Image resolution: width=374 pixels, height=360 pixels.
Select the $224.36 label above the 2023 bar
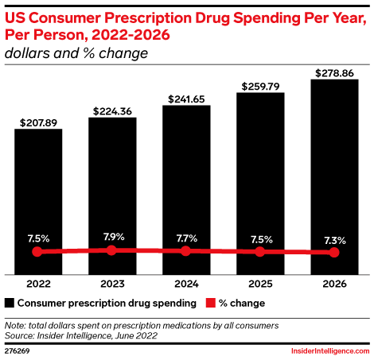[x=111, y=110]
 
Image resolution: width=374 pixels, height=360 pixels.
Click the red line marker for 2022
[x=37, y=252]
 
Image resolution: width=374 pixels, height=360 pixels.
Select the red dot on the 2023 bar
[x=111, y=250]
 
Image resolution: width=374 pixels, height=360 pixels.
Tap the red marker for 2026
[x=334, y=253]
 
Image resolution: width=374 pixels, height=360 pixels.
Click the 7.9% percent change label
[x=111, y=236]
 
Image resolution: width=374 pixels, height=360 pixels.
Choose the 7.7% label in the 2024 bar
[x=186, y=237]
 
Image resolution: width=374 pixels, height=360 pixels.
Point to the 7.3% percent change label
[x=334, y=238]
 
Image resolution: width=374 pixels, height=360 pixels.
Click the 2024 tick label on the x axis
[x=186, y=283]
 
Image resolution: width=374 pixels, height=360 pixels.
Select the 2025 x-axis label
[x=260, y=283]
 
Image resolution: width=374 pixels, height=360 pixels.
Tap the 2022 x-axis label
[x=37, y=283]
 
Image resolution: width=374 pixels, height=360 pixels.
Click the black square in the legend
[x=10, y=303]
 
